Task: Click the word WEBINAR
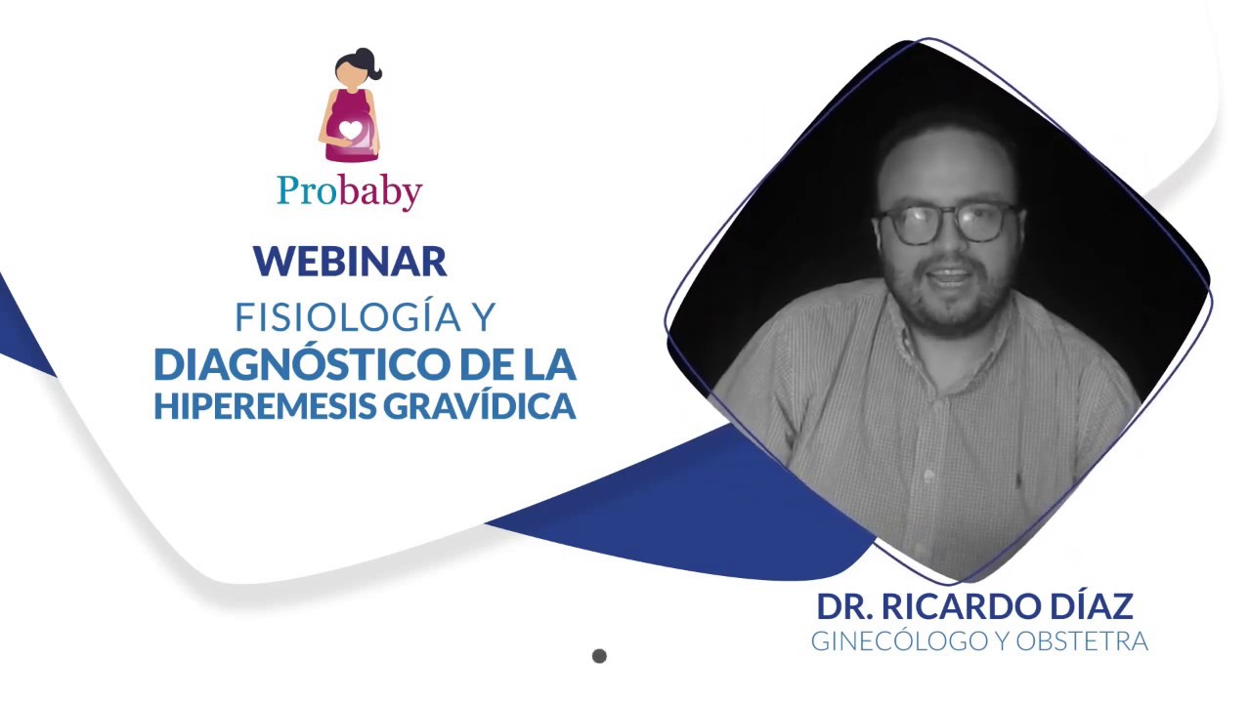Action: (x=350, y=261)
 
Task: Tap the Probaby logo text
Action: (x=349, y=190)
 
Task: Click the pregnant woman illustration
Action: (x=350, y=107)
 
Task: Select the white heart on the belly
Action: (x=349, y=131)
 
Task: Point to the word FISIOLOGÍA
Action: (x=347, y=316)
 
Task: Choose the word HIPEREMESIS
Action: (x=263, y=405)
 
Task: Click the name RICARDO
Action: (x=955, y=606)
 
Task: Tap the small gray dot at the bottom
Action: (x=599, y=656)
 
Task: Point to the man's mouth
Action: (x=946, y=274)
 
